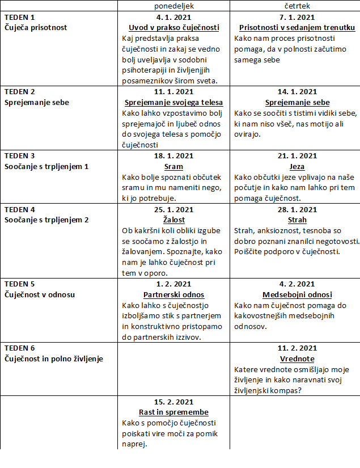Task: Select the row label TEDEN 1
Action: point(20,17)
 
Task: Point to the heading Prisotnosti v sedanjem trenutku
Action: point(297,28)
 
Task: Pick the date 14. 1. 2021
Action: point(297,92)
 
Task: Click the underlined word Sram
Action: point(173,167)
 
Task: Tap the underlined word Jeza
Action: point(297,167)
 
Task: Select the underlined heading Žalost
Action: point(173,220)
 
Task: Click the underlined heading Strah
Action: point(297,220)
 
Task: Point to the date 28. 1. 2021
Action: point(297,209)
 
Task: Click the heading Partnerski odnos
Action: point(173,295)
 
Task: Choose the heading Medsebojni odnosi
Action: point(297,295)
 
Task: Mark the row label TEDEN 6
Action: point(20,348)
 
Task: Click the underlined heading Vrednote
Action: point(297,359)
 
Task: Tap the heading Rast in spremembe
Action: point(173,412)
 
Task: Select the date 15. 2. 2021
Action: point(173,402)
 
